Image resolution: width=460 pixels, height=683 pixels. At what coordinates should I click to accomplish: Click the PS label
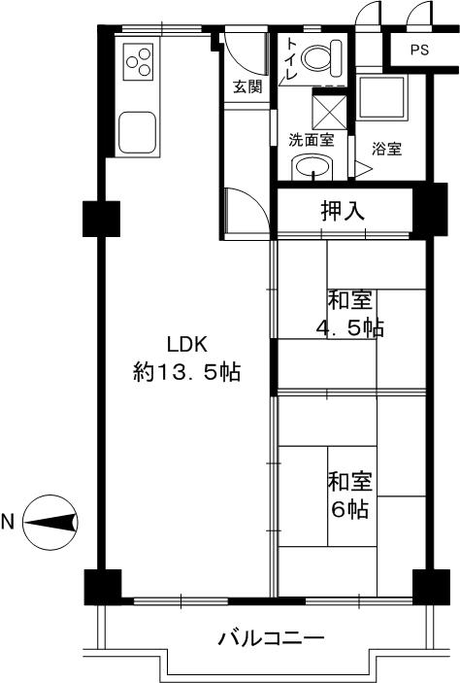[x=419, y=50]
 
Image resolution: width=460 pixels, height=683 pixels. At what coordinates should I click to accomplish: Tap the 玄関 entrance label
[x=247, y=86]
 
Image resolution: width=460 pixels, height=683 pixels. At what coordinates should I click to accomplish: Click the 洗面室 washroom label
[x=312, y=140]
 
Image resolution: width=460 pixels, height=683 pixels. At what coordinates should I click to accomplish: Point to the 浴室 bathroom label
[x=386, y=149]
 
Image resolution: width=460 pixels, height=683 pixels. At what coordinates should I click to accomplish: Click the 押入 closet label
[x=343, y=212]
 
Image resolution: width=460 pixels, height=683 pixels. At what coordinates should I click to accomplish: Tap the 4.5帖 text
[x=350, y=328]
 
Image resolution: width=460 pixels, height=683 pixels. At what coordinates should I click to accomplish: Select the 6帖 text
[x=350, y=509]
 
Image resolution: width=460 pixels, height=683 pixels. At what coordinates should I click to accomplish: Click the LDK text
[x=187, y=345]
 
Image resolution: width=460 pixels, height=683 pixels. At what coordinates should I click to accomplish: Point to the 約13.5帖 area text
[x=186, y=372]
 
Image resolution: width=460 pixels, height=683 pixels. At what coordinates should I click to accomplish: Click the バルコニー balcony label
[x=271, y=639]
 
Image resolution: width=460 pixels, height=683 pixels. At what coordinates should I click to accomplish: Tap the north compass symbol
[x=50, y=522]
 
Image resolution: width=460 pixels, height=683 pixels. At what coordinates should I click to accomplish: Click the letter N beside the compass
[x=8, y=522]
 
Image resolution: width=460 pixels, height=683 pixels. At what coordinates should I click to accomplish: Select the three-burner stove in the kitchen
[x=139, y=61]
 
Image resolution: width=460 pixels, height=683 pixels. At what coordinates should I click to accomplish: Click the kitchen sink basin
[x=138, y=132]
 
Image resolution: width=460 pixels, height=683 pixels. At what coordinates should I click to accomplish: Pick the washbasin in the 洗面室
[x=312, y=167]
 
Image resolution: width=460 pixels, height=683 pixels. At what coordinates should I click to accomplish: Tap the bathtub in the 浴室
[x=381, y=98]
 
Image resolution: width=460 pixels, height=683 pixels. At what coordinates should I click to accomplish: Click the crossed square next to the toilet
[x=329, y=112]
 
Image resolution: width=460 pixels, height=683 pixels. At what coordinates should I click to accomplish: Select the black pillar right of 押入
[x=430, y=210]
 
